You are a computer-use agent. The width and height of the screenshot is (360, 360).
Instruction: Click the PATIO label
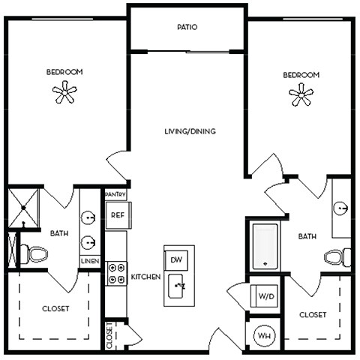coord(187,27)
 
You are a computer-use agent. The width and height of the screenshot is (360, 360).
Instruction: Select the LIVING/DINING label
coord(190,131)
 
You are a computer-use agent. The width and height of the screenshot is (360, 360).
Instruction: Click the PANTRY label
coord(115,194)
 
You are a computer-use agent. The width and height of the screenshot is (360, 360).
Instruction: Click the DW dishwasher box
coord(177,259)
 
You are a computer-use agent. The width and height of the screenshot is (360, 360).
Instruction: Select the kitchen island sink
coord(178,286)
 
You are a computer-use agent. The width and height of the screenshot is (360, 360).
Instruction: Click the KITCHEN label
coord(145,277)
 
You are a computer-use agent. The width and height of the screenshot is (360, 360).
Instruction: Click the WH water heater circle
coord(264,335)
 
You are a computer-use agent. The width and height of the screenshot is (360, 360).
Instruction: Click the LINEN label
coord(89,261)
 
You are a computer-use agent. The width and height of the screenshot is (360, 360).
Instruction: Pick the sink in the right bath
coord(341,208)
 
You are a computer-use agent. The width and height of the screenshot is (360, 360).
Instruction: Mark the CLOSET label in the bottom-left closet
coord(55,308)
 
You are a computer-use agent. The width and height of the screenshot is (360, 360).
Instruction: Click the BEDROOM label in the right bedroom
coord(301,75)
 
